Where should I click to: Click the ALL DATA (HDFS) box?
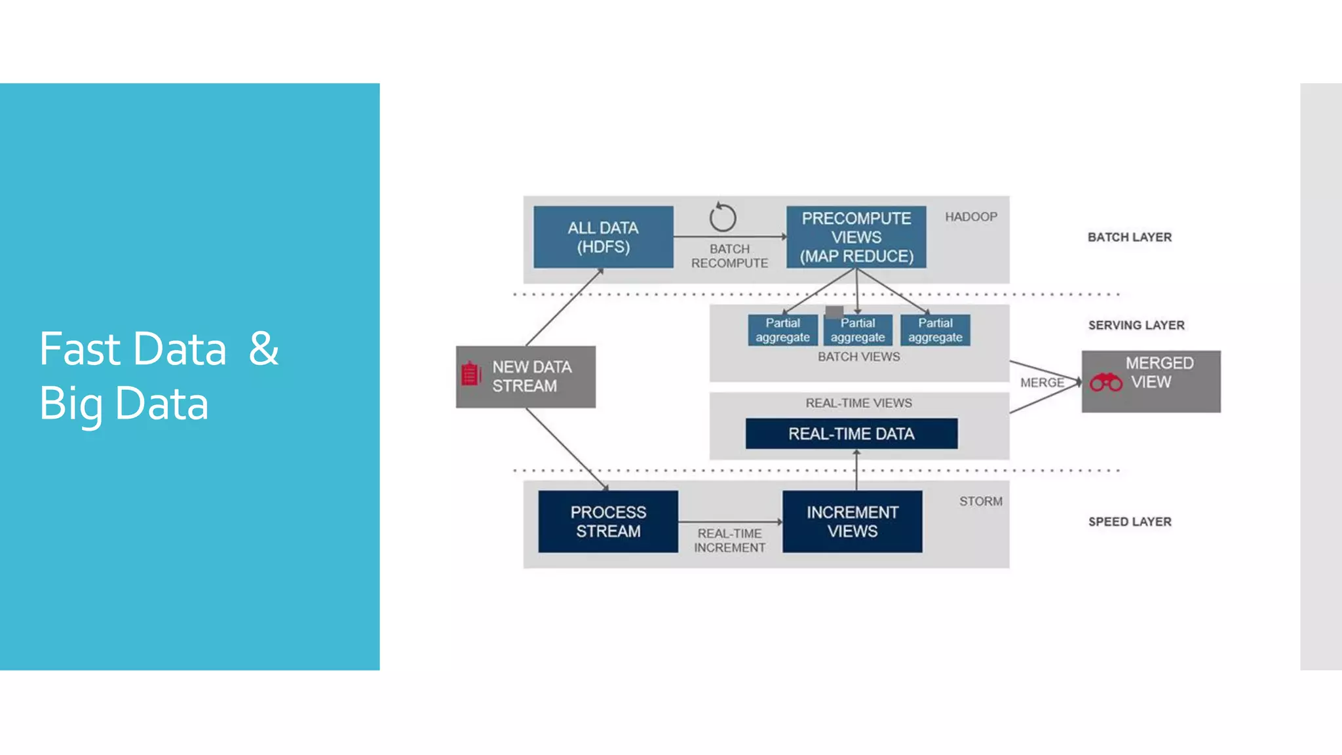(603, 237)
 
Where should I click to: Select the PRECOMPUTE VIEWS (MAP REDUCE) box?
(856, 237)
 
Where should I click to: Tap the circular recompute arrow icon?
(723, 218)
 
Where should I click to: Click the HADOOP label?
(970, 217)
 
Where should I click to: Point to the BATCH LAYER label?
(1129, 237)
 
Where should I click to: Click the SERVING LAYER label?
(1136, 325)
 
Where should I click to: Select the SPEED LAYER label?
(1129, 522)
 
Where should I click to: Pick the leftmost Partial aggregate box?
(782, 330)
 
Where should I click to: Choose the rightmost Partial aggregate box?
(934, 330)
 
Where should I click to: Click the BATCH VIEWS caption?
(858, 357)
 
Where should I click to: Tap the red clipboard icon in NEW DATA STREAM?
(470, 374)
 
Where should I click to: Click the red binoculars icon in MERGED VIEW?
(1105, 382)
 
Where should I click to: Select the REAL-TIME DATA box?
(851, 434)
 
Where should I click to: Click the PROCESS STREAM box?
(607, 522)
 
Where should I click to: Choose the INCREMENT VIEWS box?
(852, 522)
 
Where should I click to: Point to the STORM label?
(980, 501)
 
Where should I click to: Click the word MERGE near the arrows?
(1041, 383)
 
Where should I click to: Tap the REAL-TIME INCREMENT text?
(729, 541)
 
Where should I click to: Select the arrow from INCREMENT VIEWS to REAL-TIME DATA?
(856, 471)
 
